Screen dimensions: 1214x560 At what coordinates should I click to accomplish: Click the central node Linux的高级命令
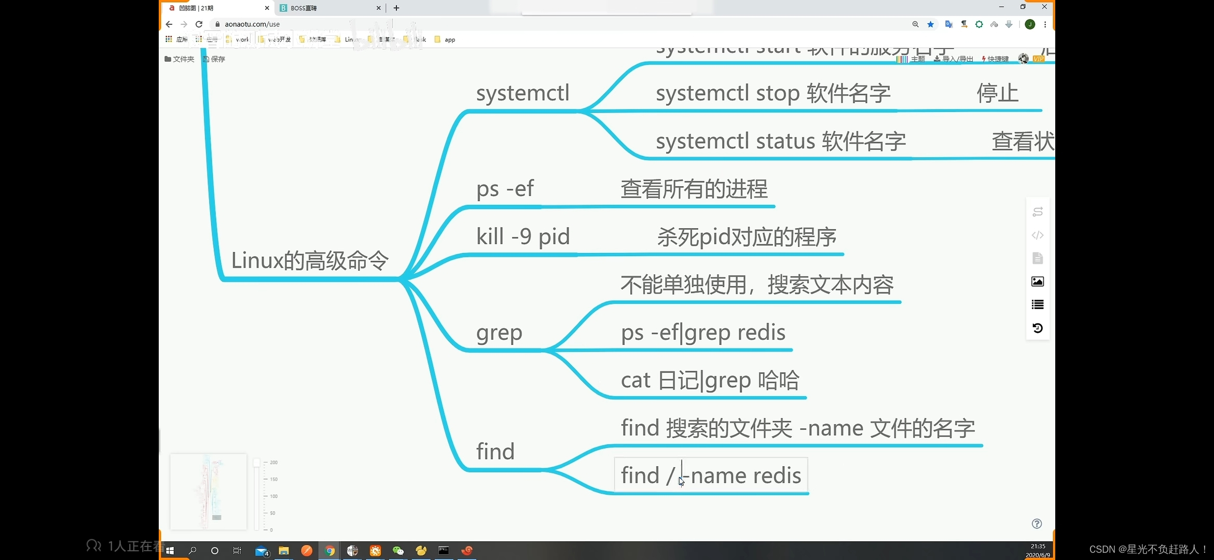(x=309, y=261)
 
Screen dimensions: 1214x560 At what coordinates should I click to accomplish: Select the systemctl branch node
(x=522, y=94)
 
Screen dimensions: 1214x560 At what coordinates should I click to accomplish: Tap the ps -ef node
(x=505, y=189)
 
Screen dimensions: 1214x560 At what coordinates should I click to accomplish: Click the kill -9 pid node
(x=523, y=237)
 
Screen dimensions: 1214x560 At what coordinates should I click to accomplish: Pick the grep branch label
(x=499, y=333)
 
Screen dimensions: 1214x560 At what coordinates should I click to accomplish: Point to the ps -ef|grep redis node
(x=703, y=333)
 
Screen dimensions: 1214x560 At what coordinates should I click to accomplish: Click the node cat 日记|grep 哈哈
(x=710, y=381)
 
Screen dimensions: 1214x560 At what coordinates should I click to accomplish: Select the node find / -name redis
(x=711, y=475)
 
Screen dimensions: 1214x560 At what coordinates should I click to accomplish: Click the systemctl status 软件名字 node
(x=780, y=142)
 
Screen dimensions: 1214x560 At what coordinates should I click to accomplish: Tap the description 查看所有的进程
(x=694, y=189)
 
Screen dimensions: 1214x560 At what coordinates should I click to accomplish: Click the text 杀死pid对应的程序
(x=747, y=237)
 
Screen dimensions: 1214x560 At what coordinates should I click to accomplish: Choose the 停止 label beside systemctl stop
(x=997, y=94)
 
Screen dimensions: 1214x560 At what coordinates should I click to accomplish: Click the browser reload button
(x=199, y=24)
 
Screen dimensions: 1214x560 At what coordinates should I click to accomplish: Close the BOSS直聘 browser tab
(x=378, y=8)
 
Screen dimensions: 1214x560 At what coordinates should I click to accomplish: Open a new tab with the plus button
(x=396, y=8)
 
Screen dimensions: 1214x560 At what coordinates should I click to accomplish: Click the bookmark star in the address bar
(x=931, y=24)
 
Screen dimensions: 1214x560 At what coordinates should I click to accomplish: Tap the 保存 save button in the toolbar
(x=214, y=59)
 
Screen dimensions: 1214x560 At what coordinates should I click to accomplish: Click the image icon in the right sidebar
(x=1038, y=282)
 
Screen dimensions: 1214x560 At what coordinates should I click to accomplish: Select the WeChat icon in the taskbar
(x=398, y=551)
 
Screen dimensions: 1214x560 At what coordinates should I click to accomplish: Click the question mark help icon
(x=1037, y=524)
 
